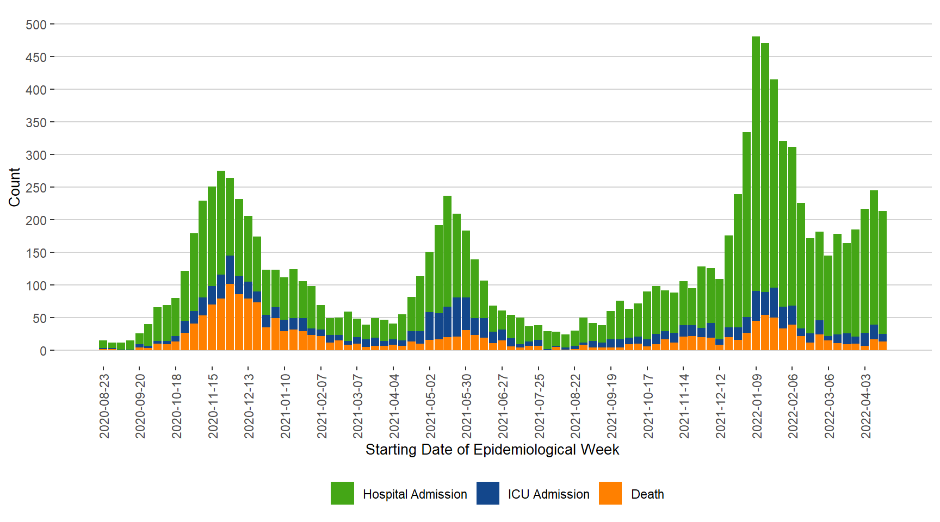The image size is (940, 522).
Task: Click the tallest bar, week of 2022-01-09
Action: click(756, 163)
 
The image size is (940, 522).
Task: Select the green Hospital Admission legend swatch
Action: click(342, 493)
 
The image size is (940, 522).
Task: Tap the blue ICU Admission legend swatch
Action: click(487, 493)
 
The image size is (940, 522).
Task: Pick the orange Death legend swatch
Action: click(610, 493)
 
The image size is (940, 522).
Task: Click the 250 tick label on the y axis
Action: click(36, 188)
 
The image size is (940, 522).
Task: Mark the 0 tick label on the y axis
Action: click(43, 351)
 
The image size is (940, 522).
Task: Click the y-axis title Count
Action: click(15, 187)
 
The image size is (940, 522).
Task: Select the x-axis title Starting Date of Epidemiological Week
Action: click(492, 450)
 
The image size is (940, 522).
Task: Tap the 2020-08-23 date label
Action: click(104, 406)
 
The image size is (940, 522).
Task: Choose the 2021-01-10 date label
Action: click(286, 406)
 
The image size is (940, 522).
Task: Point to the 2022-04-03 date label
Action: click(866, 406)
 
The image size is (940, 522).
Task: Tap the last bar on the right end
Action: click(882, 272)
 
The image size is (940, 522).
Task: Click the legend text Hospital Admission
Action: click(415, 494)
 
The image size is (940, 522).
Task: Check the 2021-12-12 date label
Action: click(721, 406)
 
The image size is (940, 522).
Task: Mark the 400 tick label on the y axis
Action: click(36, 90)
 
